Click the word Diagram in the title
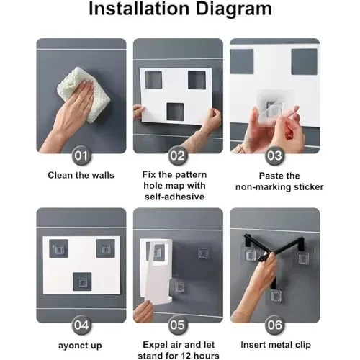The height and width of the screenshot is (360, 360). point(234,9)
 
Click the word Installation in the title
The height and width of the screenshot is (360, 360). point(139,9)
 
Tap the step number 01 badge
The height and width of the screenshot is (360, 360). point(81,156)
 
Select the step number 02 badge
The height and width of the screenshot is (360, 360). point(178,156)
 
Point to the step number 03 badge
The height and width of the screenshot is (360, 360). point(274,156)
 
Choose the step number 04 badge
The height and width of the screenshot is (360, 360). point(81,325)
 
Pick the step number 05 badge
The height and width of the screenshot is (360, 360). point(178,325)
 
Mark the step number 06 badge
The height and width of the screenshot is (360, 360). point(274,325)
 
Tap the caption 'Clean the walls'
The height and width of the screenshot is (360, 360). point(81,175)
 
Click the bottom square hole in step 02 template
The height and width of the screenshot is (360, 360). point(175,112)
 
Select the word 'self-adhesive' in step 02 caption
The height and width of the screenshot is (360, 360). point(174,197)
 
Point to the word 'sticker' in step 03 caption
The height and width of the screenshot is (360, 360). point(309,187)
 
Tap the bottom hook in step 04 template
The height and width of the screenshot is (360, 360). point(82,282)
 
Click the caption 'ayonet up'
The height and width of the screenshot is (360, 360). point(80,346)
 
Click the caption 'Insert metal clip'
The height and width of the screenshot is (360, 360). point(276,345)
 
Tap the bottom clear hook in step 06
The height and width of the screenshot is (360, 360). point(276,296)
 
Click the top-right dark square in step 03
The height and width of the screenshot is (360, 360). point(304,62)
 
